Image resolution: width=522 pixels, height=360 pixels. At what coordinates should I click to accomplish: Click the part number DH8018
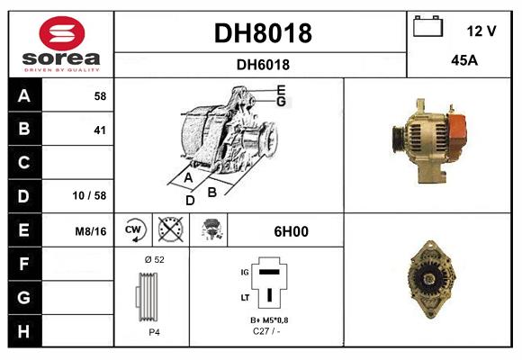click(262, 33)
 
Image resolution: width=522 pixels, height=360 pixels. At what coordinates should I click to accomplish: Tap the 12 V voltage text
click(481, 31)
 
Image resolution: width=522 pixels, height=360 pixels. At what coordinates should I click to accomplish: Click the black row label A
click(23, 95)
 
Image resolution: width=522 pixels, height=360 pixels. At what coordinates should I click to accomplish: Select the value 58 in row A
click(100, 95)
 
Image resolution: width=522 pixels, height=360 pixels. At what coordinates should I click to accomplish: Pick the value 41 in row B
click(100, 130)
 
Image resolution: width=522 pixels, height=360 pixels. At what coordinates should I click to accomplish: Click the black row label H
click(23, 330)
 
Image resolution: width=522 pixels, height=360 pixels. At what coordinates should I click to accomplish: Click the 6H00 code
click(291, 231)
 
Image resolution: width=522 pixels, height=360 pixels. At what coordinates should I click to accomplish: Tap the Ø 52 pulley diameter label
click(154, 259)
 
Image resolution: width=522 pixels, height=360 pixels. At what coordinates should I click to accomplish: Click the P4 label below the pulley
click(154, 332)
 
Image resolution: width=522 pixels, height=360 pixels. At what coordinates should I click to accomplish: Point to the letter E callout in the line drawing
click(282, 89)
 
